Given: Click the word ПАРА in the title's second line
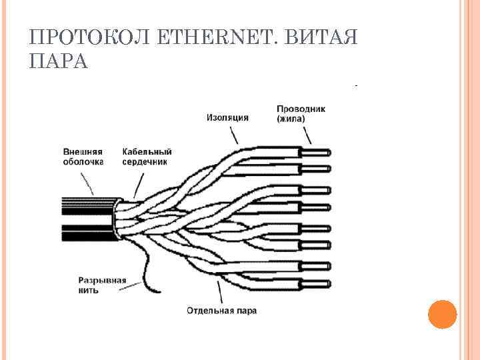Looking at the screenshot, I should [59, 62].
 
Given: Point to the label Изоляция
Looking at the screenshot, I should [227, 117].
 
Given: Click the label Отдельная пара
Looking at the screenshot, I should [221, 310].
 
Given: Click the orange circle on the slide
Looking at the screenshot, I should [441, 313].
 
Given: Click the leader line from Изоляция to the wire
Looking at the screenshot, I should [233, 135].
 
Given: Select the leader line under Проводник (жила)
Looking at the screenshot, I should [307, 136].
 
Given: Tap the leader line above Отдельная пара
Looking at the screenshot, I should [220, 291].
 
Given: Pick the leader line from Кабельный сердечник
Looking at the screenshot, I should [139, 183].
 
